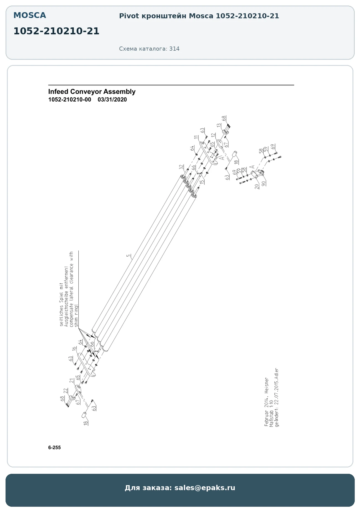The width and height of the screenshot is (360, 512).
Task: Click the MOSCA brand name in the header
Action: [x=30, y=15]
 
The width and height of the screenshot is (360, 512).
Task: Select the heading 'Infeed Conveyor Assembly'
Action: [x=92, y=92]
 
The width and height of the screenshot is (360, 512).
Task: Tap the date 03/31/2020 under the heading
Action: [x=112, y=100]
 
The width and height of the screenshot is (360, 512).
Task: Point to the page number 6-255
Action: [x=54, y=448]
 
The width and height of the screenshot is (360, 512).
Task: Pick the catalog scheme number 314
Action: [x=174, y=49]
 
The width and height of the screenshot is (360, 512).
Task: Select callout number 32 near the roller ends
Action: [x=181, y=167]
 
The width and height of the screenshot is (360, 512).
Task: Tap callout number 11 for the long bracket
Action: [x=196, y=137]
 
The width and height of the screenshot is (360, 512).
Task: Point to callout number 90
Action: [x=264, y=183]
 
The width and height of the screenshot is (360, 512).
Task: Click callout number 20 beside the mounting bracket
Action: [x=257, y=186]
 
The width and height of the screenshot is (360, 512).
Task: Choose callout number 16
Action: [x=74, y=349]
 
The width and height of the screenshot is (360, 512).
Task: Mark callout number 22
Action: [x=66, y=391]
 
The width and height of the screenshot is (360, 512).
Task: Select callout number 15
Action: [x=202, y=182]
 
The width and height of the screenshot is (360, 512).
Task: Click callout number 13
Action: [x=219, y=125]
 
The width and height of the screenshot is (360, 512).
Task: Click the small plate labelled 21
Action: [x=78, y=389]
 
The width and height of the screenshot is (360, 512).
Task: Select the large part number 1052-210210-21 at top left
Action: [x=56, y=31]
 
